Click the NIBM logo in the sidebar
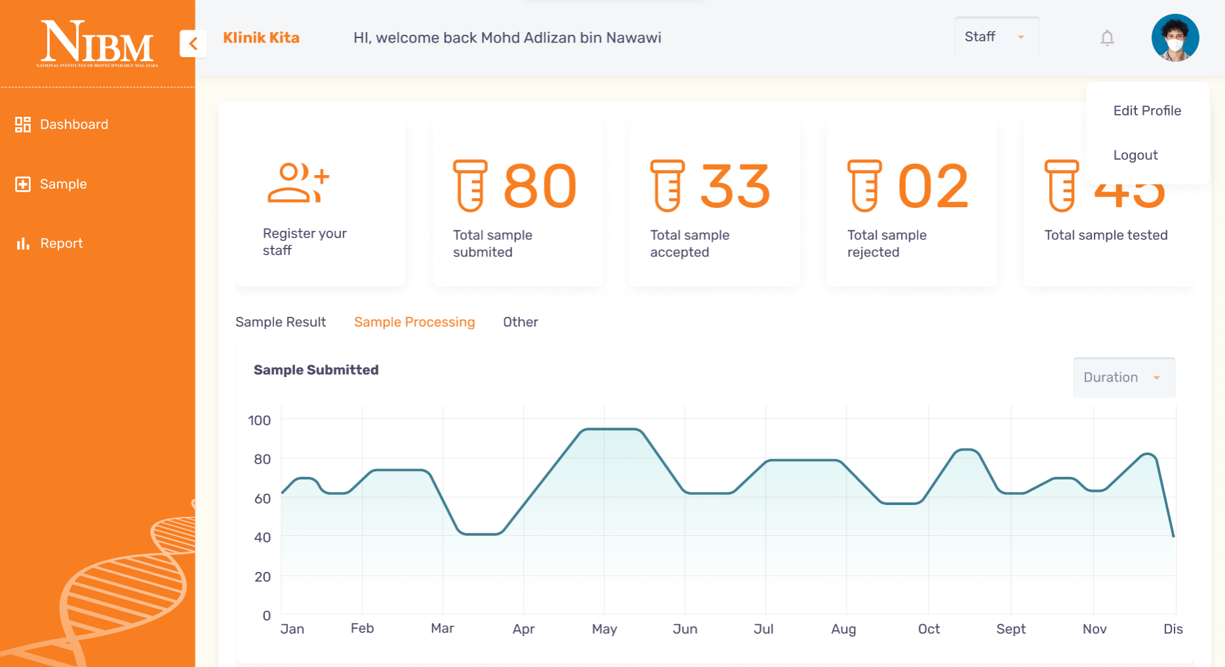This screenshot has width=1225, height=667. [x=97, y=43]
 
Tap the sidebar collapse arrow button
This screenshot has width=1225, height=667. [x=193, y=43]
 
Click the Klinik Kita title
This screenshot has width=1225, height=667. [x=261, y=38]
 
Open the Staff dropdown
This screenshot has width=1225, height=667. [x=995, y=37]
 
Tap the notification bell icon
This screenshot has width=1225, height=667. [x=1107, y=38]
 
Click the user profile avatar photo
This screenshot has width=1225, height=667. [x=1175, y=37]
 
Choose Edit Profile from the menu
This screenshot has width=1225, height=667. [x=1147, y=111]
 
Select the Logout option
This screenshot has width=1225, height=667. [x=1135, y=155]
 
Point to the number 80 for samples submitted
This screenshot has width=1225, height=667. [x=539, y=186]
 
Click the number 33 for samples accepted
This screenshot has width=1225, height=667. [x=735, y=186]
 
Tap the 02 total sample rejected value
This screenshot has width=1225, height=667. [x=933, y=186]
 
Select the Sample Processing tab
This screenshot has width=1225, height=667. [x=414, y=322]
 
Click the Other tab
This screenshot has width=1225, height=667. [x=520, y=322]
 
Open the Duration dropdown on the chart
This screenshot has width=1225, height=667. [x=1123, y=377]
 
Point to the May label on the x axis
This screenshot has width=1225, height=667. [x=604, y=629]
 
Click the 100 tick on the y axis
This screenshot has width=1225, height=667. [x=259, y=420]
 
